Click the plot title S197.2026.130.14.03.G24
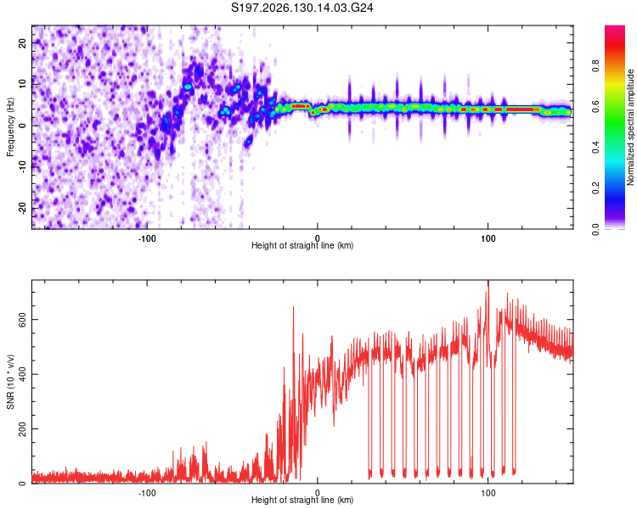point(302,8)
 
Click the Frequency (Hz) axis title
point(10,127)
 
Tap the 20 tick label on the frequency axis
point(22,42)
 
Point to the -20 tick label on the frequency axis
point(22,208)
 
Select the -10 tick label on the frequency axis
point(22,167)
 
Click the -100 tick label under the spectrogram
point(147,238)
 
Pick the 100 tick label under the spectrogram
point(488,238)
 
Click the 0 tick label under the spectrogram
point(318,238)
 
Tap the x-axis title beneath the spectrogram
point(302,245)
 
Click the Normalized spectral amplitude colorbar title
point(630,127)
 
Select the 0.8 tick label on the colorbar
point(595,65)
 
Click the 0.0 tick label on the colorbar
point(595,229)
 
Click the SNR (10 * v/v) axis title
point(10,382)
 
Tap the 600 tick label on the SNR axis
point(22,320)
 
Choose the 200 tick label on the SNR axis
point(22,429)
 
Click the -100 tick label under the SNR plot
point(147,493)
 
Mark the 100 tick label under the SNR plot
point(488,493)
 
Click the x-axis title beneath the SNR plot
point(302,500)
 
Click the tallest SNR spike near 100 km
point(488,282)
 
